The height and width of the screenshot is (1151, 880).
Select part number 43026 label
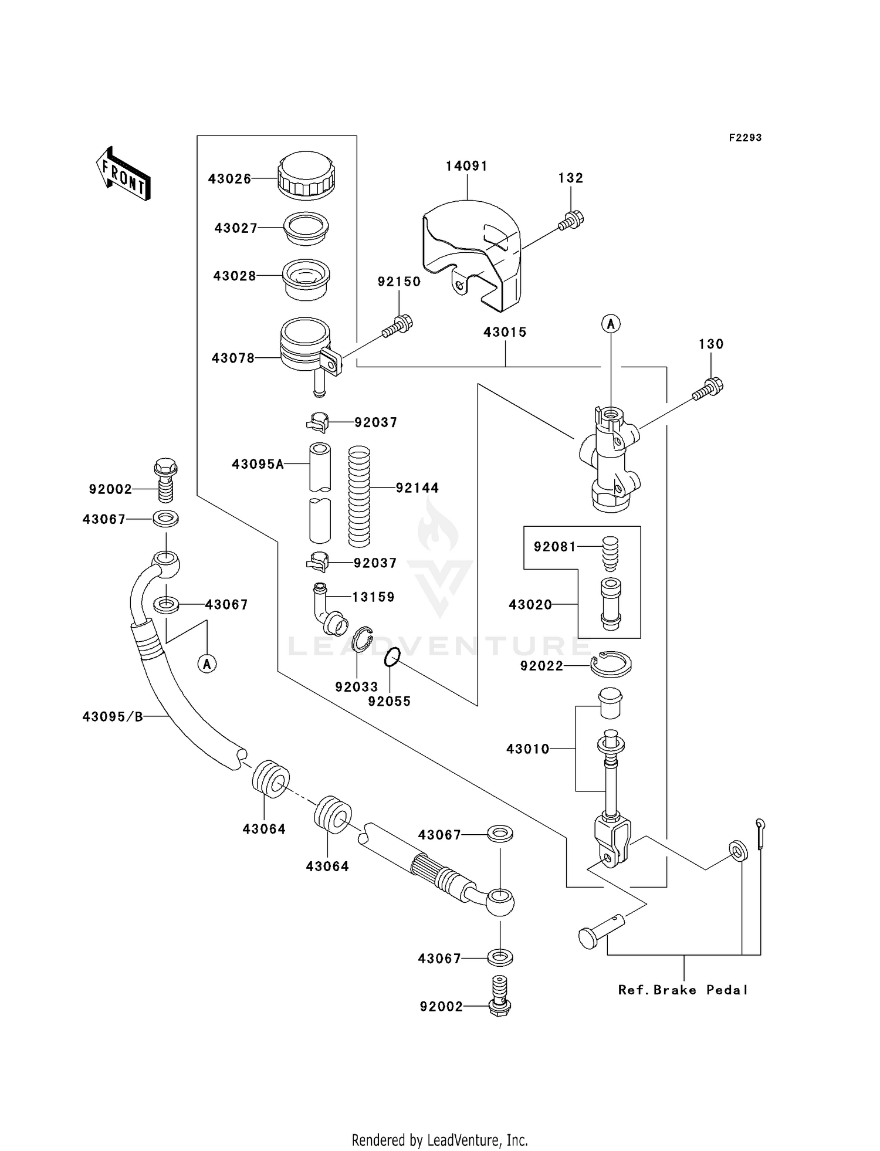[229, 179]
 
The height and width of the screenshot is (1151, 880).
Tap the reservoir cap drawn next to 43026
[306, 174]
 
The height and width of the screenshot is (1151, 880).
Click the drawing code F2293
[745, 138]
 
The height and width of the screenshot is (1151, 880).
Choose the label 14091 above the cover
[466, 166]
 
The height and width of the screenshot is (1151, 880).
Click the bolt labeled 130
[708, 390]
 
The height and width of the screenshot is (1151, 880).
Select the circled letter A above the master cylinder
[611, 323]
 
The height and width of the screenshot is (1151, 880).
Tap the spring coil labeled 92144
[359, 496]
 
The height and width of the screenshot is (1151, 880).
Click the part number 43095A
[258, 465]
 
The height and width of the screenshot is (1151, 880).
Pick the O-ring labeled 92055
[392, 657]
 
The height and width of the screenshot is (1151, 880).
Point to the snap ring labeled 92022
[611, 665]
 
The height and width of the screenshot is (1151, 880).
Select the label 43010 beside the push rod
[527, 749]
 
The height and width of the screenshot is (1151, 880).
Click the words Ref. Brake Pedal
[683, 990]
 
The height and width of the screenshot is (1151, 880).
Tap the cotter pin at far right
[760, 833]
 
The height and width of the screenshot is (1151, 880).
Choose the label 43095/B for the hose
[113, 716]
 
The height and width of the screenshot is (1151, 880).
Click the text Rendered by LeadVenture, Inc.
[439, 1140]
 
